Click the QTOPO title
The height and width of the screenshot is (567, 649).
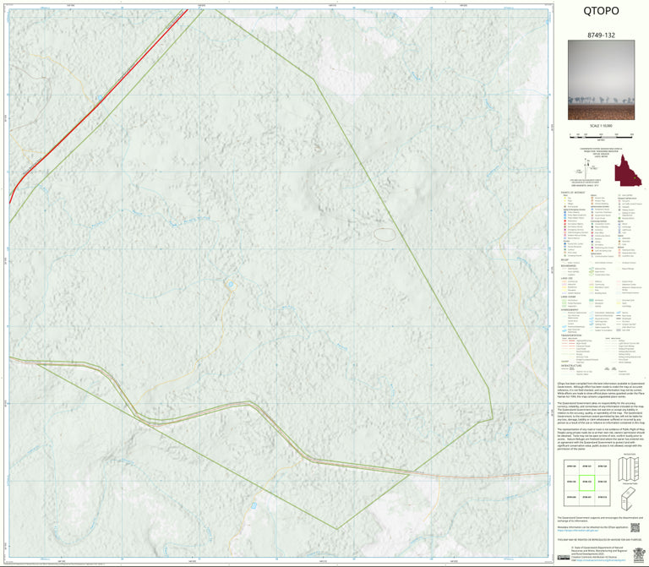[601, 12]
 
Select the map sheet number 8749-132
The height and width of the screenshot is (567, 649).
[601, 37]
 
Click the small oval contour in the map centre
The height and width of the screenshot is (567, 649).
[384, 234]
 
